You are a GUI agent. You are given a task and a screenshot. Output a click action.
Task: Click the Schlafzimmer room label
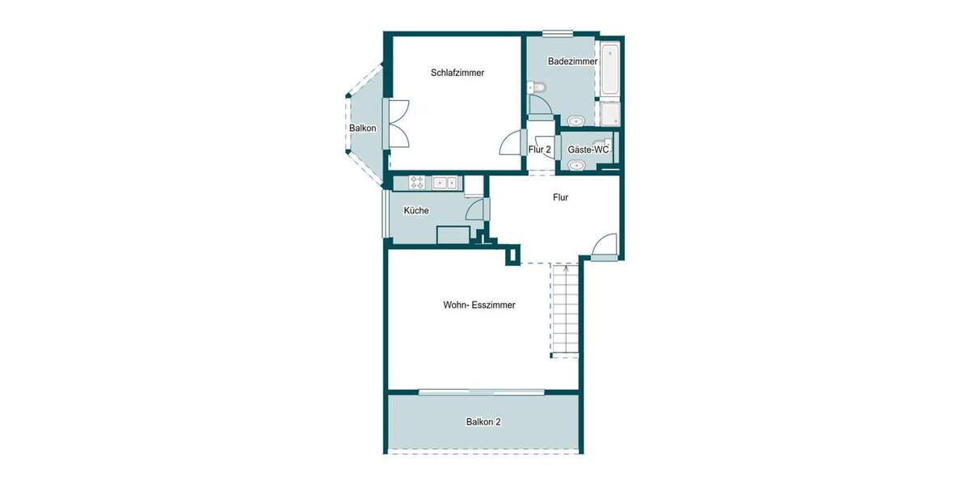tap(458, 73)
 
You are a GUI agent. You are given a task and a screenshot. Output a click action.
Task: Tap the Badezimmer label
tap(572, 61)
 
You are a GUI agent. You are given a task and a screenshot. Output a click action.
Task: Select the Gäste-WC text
tap(588, 150)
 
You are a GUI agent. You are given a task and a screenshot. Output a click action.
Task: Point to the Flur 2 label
tap(539, 150)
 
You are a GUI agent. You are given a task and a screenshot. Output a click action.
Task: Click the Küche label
tap(416, 211)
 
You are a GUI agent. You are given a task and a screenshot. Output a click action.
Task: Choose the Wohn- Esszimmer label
tap(479, 306)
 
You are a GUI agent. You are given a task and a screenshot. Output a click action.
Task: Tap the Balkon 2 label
tap(483, 422)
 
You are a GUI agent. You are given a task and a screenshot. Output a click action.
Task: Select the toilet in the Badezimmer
tap(537, 88)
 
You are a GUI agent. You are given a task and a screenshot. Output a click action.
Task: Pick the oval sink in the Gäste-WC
tap(576, 167)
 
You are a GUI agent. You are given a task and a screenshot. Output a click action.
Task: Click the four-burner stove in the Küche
tap(417, 183)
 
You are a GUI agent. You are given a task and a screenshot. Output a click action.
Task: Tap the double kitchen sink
tap(445, 183)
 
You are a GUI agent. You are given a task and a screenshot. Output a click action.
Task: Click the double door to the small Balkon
tap(398, 123)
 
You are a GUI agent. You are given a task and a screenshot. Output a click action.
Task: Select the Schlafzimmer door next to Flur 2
tap(511, 143)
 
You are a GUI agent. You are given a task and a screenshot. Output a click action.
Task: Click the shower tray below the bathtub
tap(610, 114)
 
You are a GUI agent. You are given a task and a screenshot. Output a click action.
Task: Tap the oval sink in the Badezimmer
tap(576, 121)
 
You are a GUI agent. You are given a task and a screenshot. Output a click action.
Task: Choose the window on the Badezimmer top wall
tap(558, 34)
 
